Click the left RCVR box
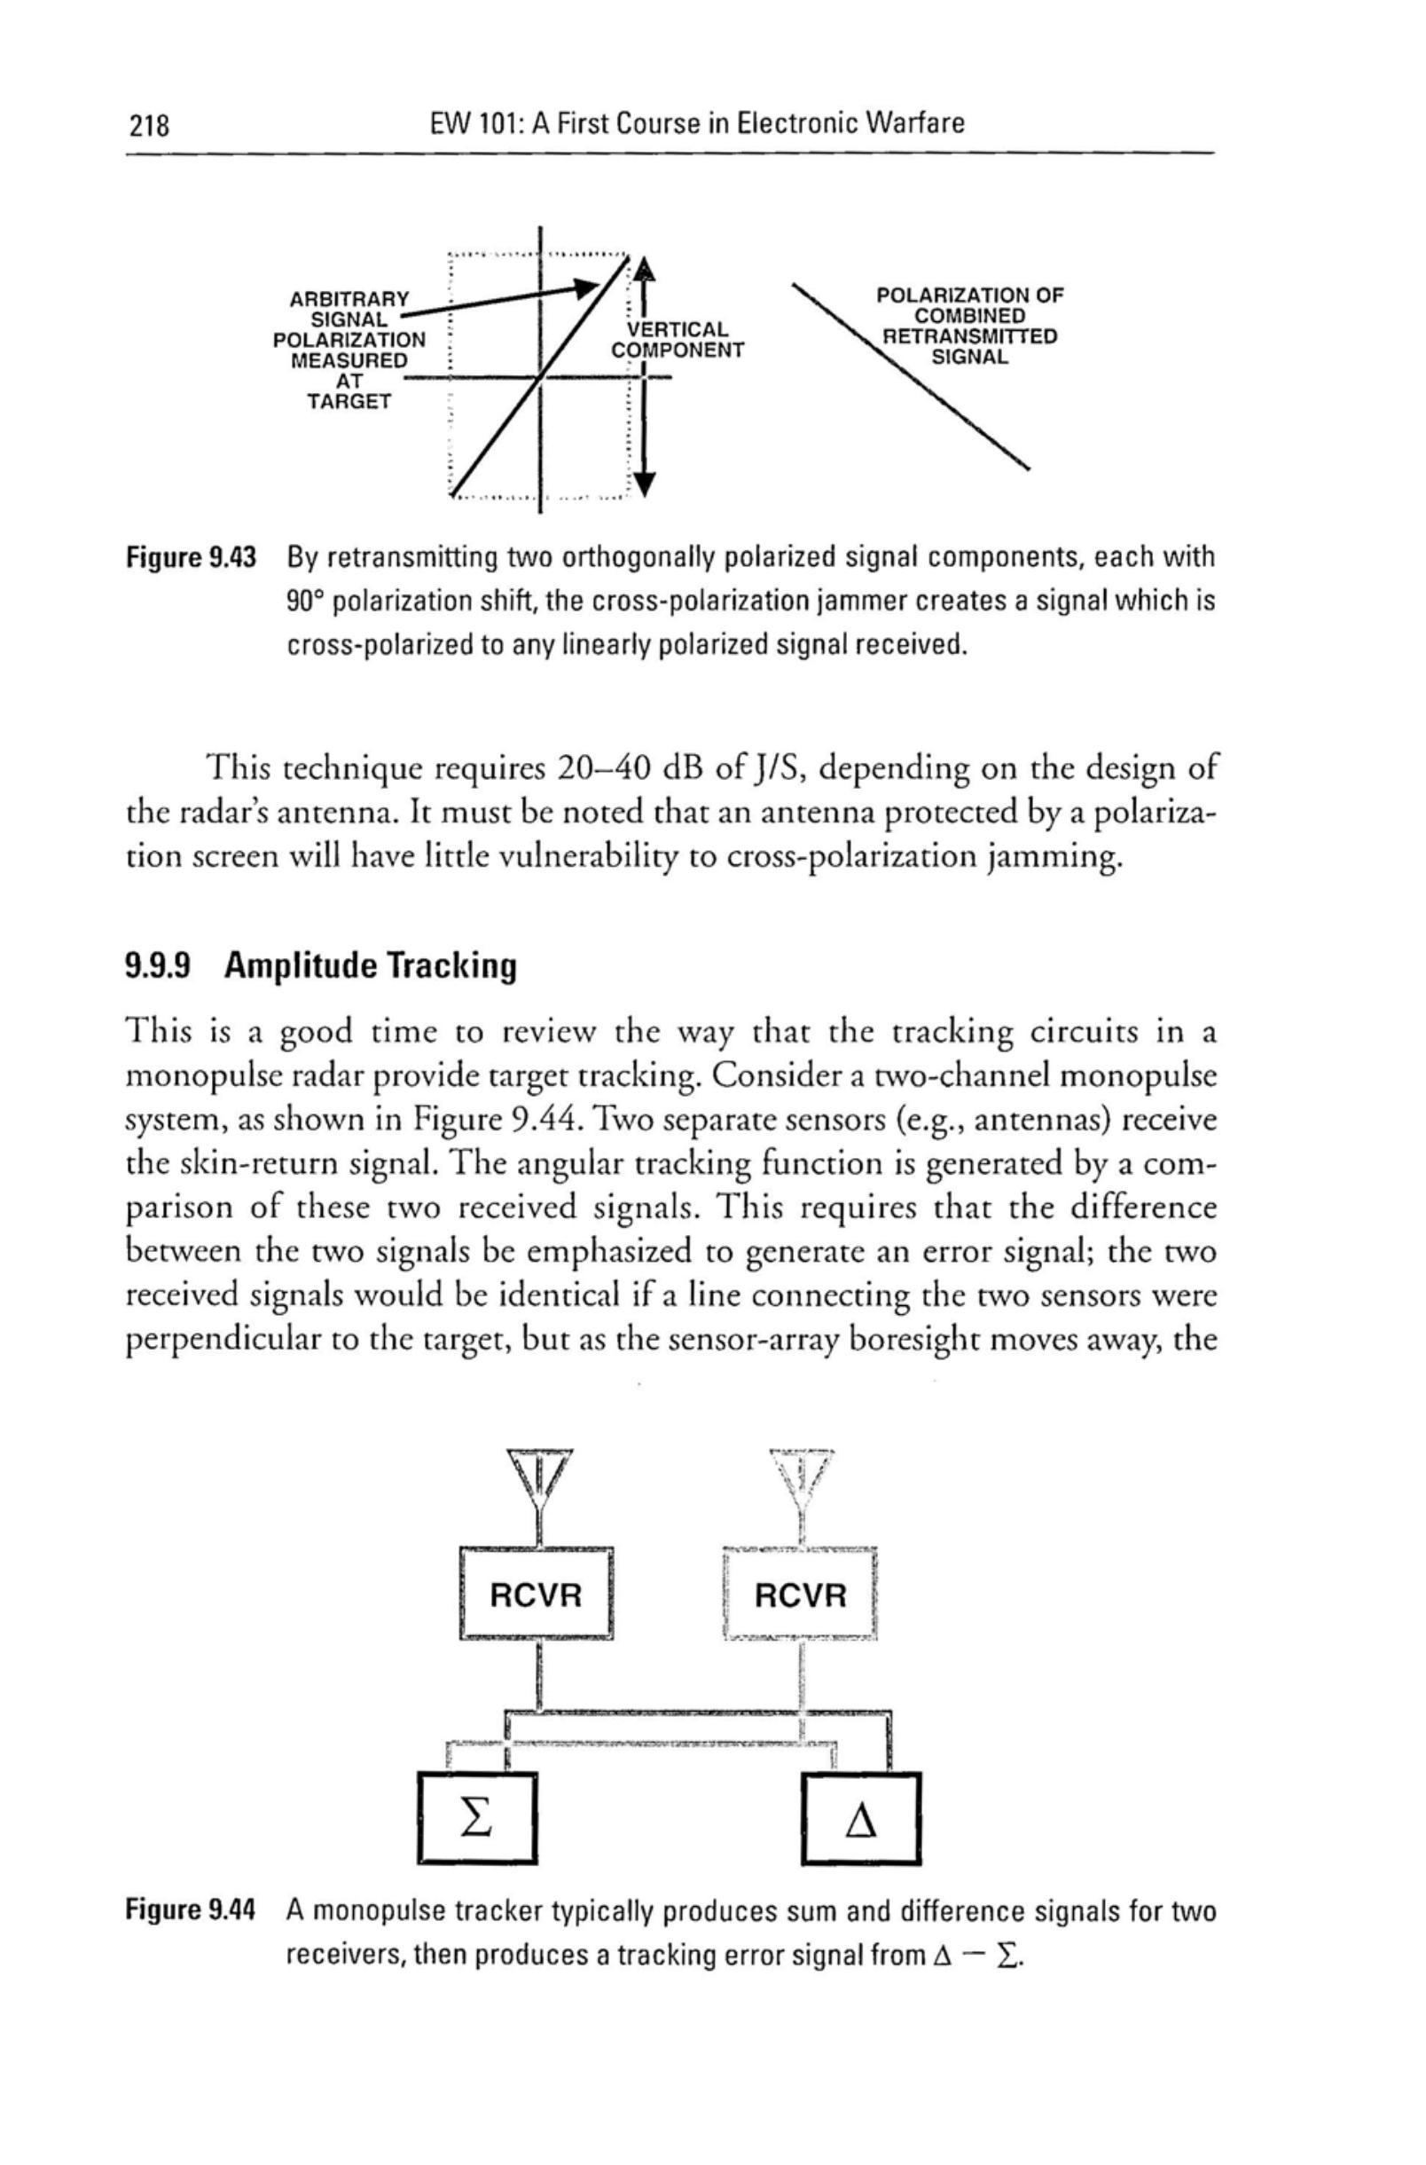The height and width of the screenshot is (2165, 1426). tap(536, 1594)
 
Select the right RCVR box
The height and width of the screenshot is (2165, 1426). tap(800, 1594)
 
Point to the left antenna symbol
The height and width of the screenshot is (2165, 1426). tap(540, 1479)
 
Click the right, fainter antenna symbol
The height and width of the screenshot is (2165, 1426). tap(800, 1479)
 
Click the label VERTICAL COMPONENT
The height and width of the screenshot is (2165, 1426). tap(678, 339)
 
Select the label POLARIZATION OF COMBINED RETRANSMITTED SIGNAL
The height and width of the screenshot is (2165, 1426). tap(968, 326)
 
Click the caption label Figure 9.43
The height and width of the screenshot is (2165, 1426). tap(191, 556)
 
